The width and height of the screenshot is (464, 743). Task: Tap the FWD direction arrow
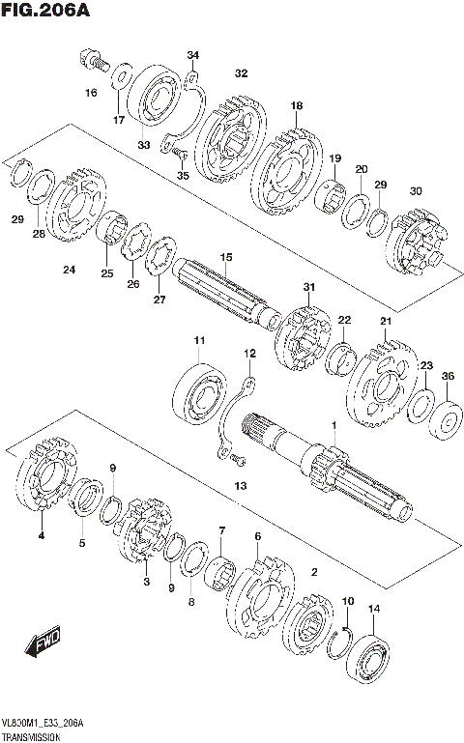click(x=44, y=642)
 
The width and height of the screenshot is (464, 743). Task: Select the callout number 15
click(x=226, y=256)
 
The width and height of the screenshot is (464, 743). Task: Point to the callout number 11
click(x=199, y=341)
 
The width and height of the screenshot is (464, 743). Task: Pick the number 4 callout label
click(x=42, y=534)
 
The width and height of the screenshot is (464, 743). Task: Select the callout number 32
click(x=241, y=73)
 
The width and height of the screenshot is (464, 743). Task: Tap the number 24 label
click(x=69, y=270)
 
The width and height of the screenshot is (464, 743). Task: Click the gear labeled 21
click(x=381, y=386)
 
